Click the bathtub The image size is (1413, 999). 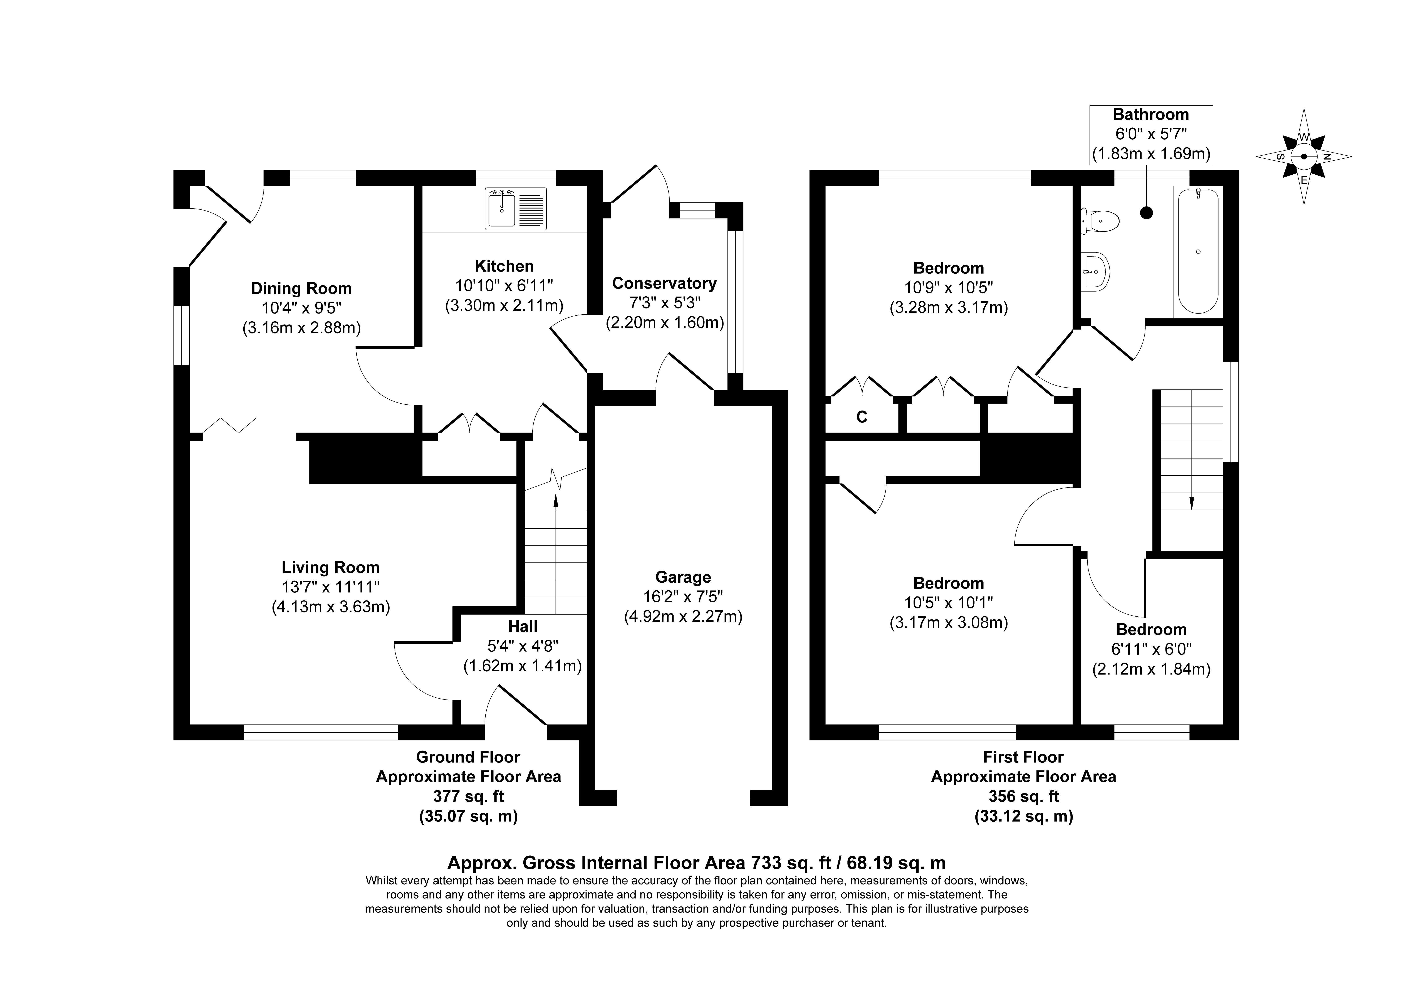click(1198, 251)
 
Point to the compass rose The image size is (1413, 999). click(1304, 156)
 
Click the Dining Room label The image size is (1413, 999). click(301, 288)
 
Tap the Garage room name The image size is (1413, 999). click(683, 577)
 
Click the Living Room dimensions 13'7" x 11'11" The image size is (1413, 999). click(330, 587)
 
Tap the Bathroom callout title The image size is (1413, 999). click(1151, 115)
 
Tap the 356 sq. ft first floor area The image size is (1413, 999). click(1023, 796)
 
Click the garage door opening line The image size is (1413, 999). click(683, 799)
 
